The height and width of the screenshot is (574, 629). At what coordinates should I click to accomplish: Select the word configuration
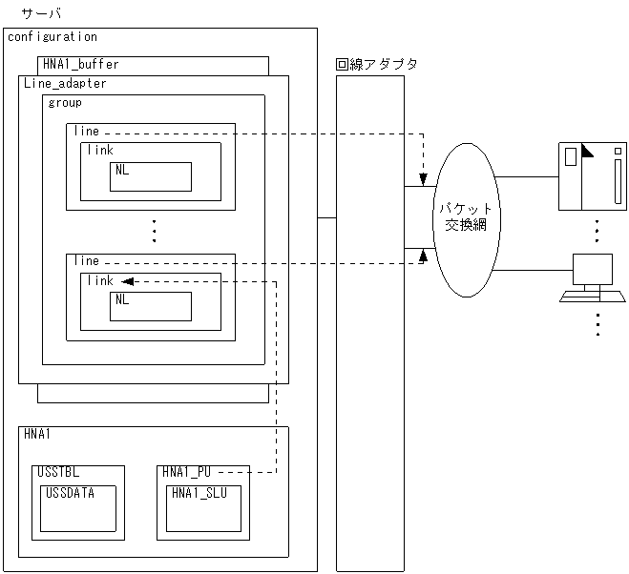point(52,37)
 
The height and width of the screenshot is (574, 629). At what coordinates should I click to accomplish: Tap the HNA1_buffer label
point(81,65)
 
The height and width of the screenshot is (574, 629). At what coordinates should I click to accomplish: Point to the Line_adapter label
point(65,84)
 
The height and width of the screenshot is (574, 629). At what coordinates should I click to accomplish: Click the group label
point(65,103)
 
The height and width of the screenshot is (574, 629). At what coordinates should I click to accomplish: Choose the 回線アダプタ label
point(376,65)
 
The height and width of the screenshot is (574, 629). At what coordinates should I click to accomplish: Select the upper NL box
point(151,176)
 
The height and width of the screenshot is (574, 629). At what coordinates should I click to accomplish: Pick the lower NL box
point(151,306)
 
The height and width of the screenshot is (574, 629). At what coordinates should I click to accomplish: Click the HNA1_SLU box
point(204,508)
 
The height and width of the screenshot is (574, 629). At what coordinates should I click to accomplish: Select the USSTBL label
point(60,472)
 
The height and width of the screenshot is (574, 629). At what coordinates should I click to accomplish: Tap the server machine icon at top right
point(592,175)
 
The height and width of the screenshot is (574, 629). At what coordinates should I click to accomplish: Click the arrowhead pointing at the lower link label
point(128,281)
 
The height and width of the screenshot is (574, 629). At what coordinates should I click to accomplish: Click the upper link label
point(100,151)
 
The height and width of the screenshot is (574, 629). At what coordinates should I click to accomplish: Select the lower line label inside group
point(86,261)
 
